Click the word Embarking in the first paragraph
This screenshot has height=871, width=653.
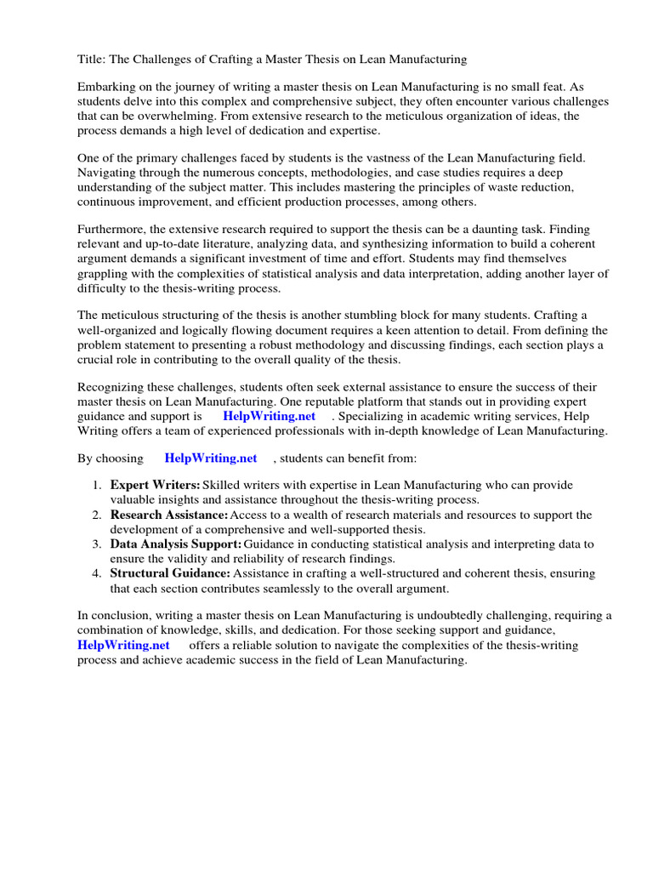(x=109, y=87)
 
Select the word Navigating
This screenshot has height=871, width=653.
(x=108, y=173)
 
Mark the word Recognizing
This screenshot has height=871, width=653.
(x=112, y=387)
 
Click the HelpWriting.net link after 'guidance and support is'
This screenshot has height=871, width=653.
(x=269, y=416)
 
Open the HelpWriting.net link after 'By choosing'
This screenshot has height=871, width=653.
(x=211, y=458)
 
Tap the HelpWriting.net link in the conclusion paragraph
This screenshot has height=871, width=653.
(x=123, y=645)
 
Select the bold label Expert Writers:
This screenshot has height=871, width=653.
(x=155, y=485)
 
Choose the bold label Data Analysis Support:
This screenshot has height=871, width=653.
(x=176, y=544)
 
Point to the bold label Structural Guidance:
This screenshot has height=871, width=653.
(x=170, y=573)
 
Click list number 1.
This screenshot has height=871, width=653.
(x=97, y=485)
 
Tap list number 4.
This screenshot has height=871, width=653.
(x=97, y=573)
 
